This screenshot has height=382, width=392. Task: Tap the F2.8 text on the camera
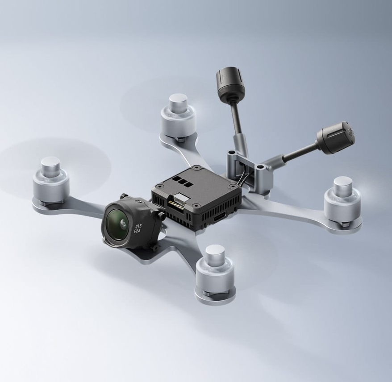click(x=137, y=231)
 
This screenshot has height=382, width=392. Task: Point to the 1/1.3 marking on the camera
click(x=138, y=226)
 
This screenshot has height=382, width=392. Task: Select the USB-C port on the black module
click(x=220, y=216)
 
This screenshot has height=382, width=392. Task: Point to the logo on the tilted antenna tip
click(x=351, y=131)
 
